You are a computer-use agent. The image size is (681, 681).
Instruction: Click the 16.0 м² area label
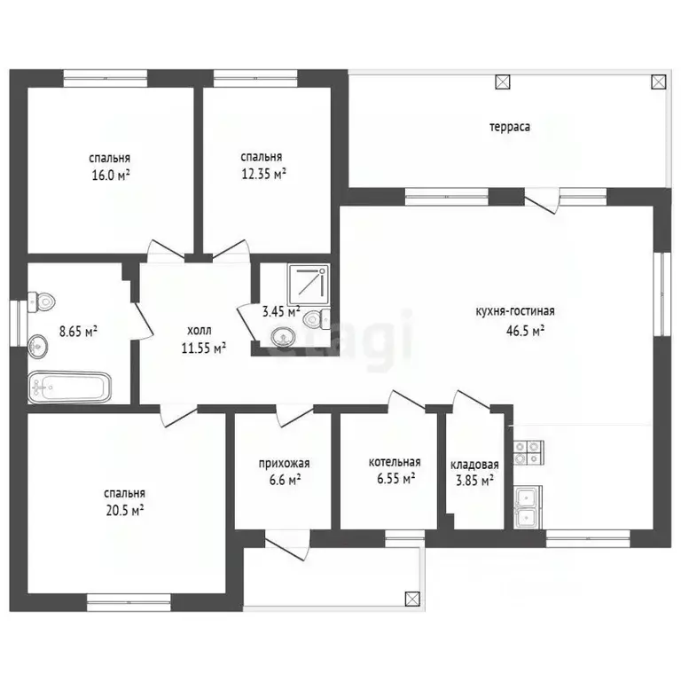coord(111,175)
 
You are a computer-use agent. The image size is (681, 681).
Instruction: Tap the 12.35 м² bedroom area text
coord(263,174)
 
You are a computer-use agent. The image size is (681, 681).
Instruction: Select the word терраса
coord(510,128)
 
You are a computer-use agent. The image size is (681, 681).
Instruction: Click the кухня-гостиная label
coord(515,311)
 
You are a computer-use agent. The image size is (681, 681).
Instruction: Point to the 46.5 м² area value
coord(526,331)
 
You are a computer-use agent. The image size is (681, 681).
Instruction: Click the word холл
coord(200,331)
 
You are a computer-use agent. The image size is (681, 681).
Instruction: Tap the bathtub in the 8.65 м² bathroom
coord(69,387)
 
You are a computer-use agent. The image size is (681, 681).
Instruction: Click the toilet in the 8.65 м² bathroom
coord(42,301)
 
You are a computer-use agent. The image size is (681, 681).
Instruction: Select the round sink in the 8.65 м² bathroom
coord(38,347)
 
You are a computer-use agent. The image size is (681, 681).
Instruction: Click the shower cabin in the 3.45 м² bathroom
coord(309,284)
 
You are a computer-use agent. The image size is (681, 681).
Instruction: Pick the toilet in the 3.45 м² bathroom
coord(317,319)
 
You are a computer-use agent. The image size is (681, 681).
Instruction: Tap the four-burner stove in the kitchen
coord(528,452)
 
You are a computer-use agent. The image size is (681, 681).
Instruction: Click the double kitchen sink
coord(528,507)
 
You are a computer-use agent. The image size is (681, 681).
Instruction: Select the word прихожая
coord(284,464)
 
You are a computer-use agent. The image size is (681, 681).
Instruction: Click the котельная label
coord(395,462)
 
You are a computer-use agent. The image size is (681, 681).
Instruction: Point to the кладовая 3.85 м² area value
coord(474,481)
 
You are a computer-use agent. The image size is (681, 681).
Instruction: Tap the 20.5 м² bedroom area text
coord(125,511)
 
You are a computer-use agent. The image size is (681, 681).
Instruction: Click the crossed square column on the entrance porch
coord(412,599)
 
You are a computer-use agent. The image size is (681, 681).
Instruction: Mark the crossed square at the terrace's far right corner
coord(659,82)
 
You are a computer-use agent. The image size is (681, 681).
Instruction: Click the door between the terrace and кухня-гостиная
coord(541,201)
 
